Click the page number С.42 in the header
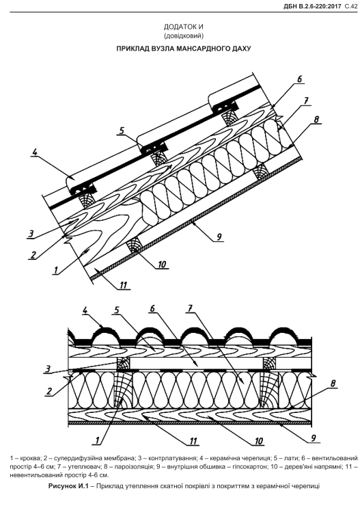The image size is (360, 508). pyautogui.click(x=351, y=6)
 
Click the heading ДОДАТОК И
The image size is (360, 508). pyautogui.click(x=183, y=27)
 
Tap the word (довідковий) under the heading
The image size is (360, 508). pyautogui.click(x=184, y=36)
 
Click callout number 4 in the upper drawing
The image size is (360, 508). pyautogui.click(x=34, y=151)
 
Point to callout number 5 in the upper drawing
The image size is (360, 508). pyautogui.click(x=122, y=131)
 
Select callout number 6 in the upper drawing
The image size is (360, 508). pyautogui.click(x=299, y=79)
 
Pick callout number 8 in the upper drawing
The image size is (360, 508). pyautogui.click(x=316, y=119)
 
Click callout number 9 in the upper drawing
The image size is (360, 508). pyautogui.click(x=219, y=237)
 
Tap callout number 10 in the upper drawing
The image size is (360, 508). pyautogui.click(x=161, y=265)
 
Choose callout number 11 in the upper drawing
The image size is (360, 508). pyautogui.click(x=124, y=285)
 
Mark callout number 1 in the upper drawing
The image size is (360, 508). pyautogui.click(x=56, y=270)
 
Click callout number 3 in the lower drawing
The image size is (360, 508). pyautogui.click(x=47, y=369)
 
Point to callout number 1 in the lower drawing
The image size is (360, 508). pyautogui.click(x=97, y=440)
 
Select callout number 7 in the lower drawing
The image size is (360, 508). pyautogui.click(x=191, y=309)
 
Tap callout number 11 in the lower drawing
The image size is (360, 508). pyautogui.click(x=193, y=441)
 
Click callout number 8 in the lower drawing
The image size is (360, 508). pyautogui.click(x=333, y=384)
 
